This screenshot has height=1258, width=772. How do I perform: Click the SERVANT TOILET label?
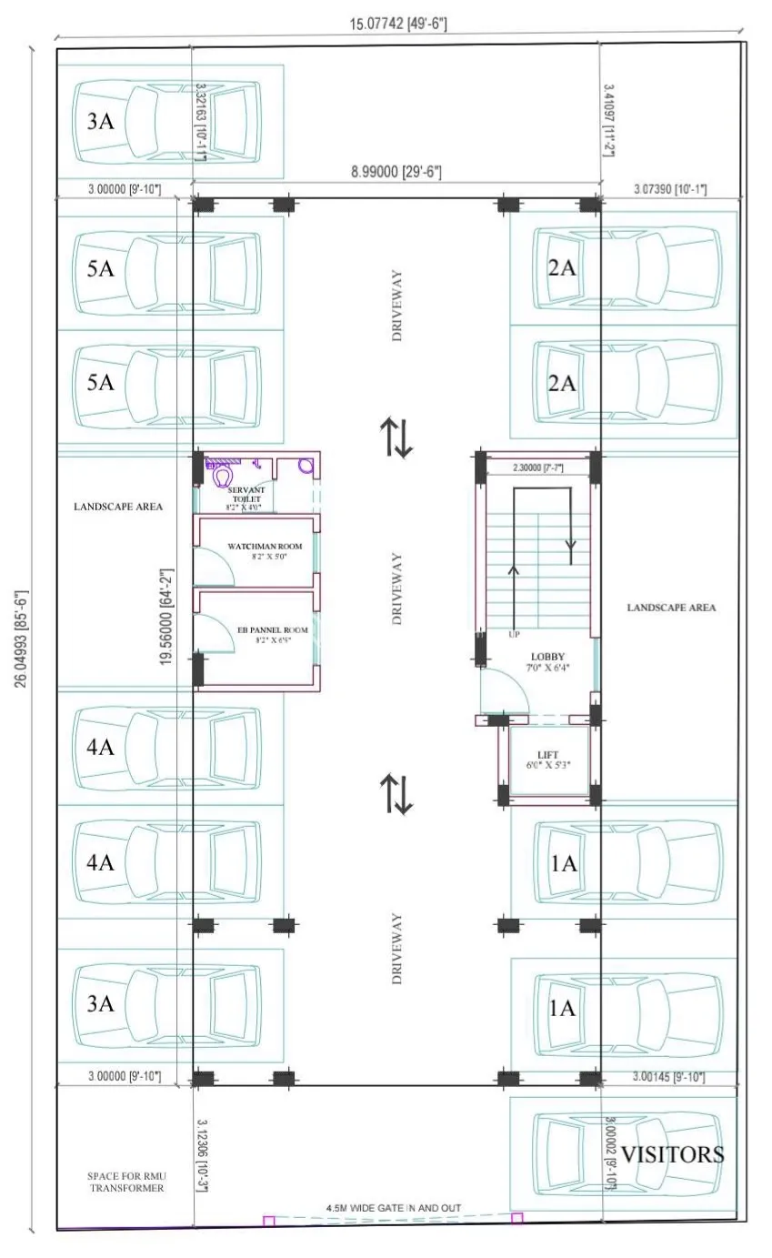click(x=244, y=498)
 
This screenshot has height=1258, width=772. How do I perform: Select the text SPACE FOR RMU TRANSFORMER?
click(x=126, y=1181)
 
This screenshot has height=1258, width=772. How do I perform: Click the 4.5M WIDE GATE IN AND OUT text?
click(x=394, y=1208)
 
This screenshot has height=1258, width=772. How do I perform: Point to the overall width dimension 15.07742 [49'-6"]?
click(x=398, y=23)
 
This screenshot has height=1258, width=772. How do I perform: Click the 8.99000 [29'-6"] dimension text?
click(x=398, y=171)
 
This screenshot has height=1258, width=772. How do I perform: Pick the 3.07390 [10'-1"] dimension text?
click(x=669, y=188)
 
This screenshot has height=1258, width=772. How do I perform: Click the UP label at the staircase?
click(x=515, y=634)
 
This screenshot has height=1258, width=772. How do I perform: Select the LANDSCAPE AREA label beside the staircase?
click(x=671, y=607)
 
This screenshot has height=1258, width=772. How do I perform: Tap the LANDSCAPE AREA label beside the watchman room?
click(x=118, y=506)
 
